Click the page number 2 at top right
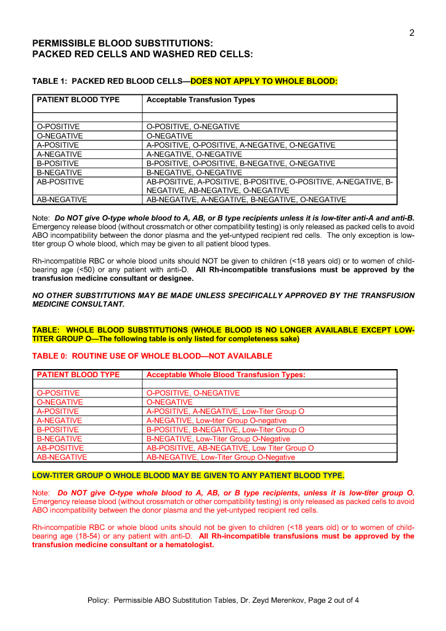pos(412,33)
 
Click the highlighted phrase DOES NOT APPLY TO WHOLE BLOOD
pos(264,81)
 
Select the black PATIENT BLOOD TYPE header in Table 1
pos(78,100)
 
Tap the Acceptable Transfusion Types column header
pos(200,100)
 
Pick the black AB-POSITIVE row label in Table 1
pos(60,182)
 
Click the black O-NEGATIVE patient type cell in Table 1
pos(60,136)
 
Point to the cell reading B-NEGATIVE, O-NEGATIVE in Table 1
pos(194,173)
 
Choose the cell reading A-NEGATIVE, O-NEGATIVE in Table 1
pos(194,154)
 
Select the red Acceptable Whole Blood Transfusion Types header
pos(225,375)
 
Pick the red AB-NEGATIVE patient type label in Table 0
pos(62,457)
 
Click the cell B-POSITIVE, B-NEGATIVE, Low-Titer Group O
pos(225,429)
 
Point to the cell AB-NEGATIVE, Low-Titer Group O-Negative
pos(221,457)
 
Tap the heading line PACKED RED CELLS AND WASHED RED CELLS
pos(142,54)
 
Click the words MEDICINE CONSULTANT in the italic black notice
pos(78,304)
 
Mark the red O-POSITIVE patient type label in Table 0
pos(58,393)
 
